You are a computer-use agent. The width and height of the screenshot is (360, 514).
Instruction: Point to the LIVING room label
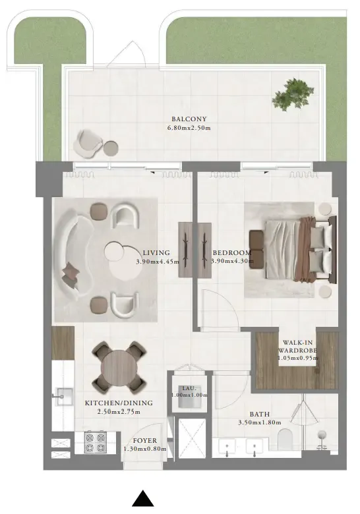click(156, 252)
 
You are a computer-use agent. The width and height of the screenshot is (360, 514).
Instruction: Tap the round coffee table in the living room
click(125, 261)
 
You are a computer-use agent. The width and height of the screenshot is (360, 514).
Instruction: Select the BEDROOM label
click(231, 252)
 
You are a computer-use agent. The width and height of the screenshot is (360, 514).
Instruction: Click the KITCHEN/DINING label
click(119, 403)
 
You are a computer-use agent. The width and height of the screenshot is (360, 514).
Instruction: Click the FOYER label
click(144, 440)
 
